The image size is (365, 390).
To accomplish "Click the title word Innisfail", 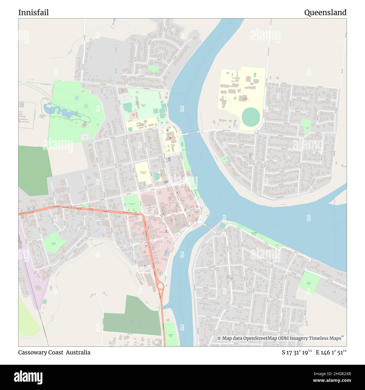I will [x=33, y=13].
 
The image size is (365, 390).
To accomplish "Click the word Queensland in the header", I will [x=325, y=13].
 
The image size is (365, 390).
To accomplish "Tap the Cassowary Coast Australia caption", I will [x=54, y=352].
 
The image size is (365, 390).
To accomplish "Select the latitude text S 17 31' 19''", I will [x=297, y=352].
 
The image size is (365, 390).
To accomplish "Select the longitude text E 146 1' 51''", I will [x=331, y=352].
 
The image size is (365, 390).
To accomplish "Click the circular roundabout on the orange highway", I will [x=160, y=286].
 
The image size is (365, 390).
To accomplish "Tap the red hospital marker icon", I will [x=170, y=138].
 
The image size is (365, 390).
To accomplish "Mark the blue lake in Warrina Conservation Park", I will [x=63, y=112].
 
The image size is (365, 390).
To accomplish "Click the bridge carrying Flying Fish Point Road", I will [x=194, y=133].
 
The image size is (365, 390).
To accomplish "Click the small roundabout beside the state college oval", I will [x=256, y=132].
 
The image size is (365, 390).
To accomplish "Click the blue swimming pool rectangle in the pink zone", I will [x=166, y=253].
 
